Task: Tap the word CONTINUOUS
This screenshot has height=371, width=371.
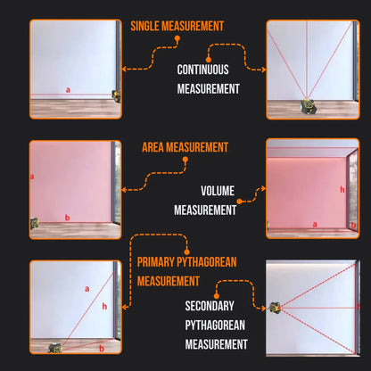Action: pos(202,69)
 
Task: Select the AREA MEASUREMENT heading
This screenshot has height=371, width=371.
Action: pos(185,147)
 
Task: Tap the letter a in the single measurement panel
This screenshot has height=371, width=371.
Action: pos(67,89)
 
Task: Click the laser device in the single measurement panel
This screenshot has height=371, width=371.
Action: pos(115,94)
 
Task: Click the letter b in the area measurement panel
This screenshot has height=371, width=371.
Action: pos(68,217)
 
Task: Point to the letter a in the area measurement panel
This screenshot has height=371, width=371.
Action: pos(33,177)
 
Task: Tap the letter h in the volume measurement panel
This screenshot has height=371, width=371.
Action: pos(342,189)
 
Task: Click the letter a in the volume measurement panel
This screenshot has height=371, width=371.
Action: pos(313,223)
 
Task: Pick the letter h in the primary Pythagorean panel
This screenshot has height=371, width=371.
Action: pos(104,306)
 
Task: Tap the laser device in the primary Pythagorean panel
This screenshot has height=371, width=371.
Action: pos(55,347)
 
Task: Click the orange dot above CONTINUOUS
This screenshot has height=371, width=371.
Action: pos(209,59)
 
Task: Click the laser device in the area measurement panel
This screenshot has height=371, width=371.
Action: pos(35,224)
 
